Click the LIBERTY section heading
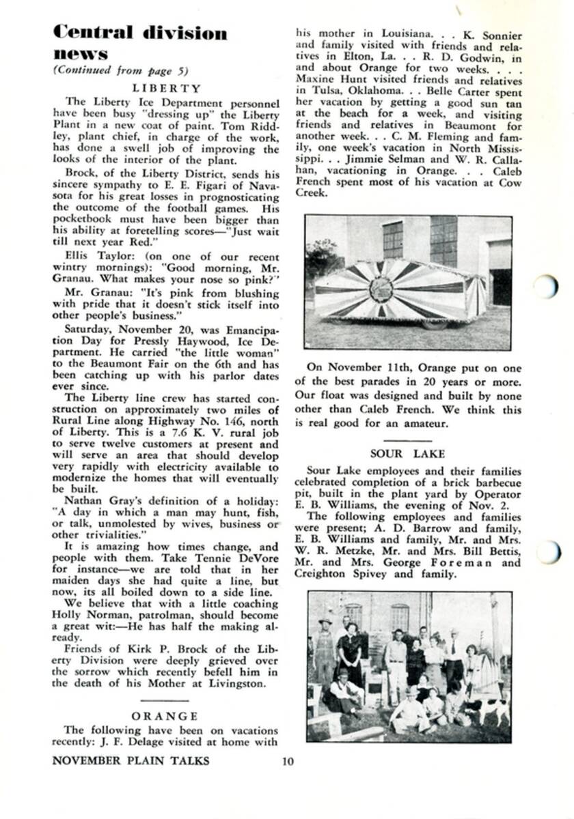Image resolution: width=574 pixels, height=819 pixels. click(x=167, y=88)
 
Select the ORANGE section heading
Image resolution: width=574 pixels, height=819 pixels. click(x=165, y=716)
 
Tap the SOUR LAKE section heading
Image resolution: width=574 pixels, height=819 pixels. click(x=407, y=453)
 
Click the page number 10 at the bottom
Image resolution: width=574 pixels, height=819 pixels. click(x=288, y=761)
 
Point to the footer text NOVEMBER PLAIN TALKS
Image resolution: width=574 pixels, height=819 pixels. click(x=131, y=760)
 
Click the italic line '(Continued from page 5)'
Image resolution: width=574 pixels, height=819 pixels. click(x=120, y=70)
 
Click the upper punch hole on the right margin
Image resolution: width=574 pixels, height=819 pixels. click(x=547, y=286)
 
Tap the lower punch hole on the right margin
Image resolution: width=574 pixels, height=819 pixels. click(x=549, y=551)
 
